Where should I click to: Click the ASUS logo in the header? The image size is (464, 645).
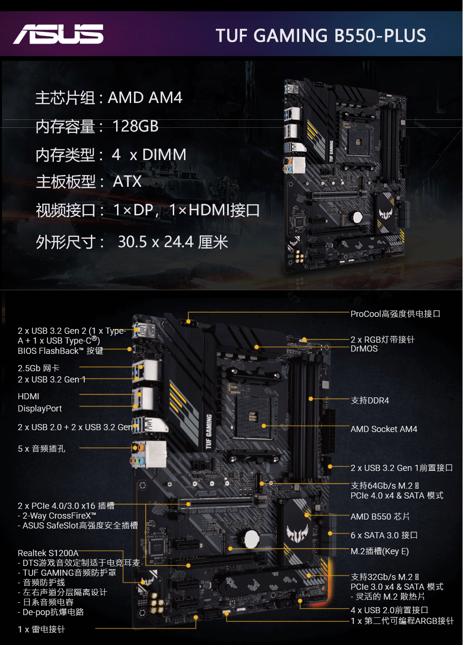(58, 34)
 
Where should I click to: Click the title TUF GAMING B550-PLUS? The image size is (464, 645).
(321, 36)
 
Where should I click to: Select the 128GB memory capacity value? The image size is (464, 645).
(135, 126)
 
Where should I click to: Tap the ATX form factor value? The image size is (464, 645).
(127, 182)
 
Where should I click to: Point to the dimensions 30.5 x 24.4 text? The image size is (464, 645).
(155, 242)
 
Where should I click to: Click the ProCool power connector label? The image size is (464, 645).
(395, 314)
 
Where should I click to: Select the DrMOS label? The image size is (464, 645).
(364, 349)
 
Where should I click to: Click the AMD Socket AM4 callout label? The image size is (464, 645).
(383, 429)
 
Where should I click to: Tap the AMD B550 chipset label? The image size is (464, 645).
(380, 516)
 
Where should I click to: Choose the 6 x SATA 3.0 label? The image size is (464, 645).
(384, 535)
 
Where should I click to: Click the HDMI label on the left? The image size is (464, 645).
(29, 396)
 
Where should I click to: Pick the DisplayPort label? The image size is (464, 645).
(40, 409)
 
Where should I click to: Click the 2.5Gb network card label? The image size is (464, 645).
(38, 368)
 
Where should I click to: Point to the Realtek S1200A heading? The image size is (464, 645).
(48, 553)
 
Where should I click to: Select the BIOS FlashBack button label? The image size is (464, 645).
(60, 351)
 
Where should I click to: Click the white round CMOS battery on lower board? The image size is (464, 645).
(251, 538)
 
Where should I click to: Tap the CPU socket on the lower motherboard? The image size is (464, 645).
(252, 416)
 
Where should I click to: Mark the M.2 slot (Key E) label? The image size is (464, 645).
(379, 551)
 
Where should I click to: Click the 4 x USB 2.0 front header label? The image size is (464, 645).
(389, 610)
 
